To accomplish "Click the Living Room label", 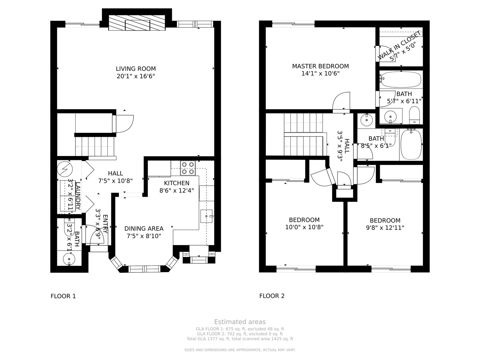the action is (x=136, y=69).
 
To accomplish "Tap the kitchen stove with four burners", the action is (x=188, y=168).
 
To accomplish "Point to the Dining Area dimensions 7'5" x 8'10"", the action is (x=144, y=236).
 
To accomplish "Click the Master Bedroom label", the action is (x=320, y=66).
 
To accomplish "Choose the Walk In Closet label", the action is (x=399, y=45).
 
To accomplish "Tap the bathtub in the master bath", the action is (x=400, y=79).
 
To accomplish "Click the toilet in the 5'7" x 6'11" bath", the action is (x=414, y=115).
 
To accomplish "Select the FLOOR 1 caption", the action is (x=63, y=296).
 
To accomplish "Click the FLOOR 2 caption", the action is (x=272, y=296).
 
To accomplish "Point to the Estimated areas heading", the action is (x=240, y=322).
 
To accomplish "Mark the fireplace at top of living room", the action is (x=137, y=23).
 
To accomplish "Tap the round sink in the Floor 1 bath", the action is (x=69, y=259).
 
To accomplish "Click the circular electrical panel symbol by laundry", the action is (x=65, y=169).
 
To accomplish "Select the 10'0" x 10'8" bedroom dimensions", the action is (x=304, y=227).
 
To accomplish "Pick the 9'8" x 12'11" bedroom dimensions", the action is (x=385, y=228).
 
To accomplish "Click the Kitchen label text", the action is (x=177, y=183).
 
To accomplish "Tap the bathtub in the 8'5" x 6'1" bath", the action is (x=411, y=145).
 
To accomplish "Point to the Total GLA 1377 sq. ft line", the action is (x=240, y=339).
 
